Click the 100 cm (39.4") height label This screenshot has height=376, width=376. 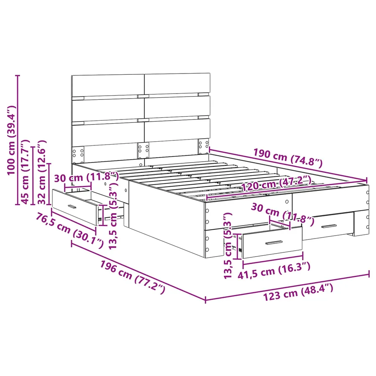click(12, 140)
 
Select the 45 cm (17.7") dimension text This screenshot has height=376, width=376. click(25, 172)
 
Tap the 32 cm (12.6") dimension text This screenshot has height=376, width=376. click(42, 172)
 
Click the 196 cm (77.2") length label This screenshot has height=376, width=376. click(132, 277)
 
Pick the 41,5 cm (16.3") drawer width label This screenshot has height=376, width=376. click(274, 271)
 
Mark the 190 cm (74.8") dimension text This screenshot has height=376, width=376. click(288, 158)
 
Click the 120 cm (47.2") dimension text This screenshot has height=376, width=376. click(276, 184)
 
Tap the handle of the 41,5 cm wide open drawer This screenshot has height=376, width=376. click(274, 243)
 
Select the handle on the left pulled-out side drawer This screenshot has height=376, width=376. click(72, 206)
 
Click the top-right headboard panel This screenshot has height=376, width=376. click(177, 84)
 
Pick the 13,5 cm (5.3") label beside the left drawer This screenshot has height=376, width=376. click(113, 216)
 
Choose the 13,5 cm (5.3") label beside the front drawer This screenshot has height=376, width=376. click(228, 245)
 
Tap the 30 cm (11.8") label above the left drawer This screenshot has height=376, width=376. click(86, 178)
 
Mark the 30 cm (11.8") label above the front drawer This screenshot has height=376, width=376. click(283, 214)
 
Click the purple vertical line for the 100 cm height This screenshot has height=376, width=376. click(17, 140)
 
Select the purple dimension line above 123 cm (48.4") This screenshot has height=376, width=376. click(287, 287)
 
